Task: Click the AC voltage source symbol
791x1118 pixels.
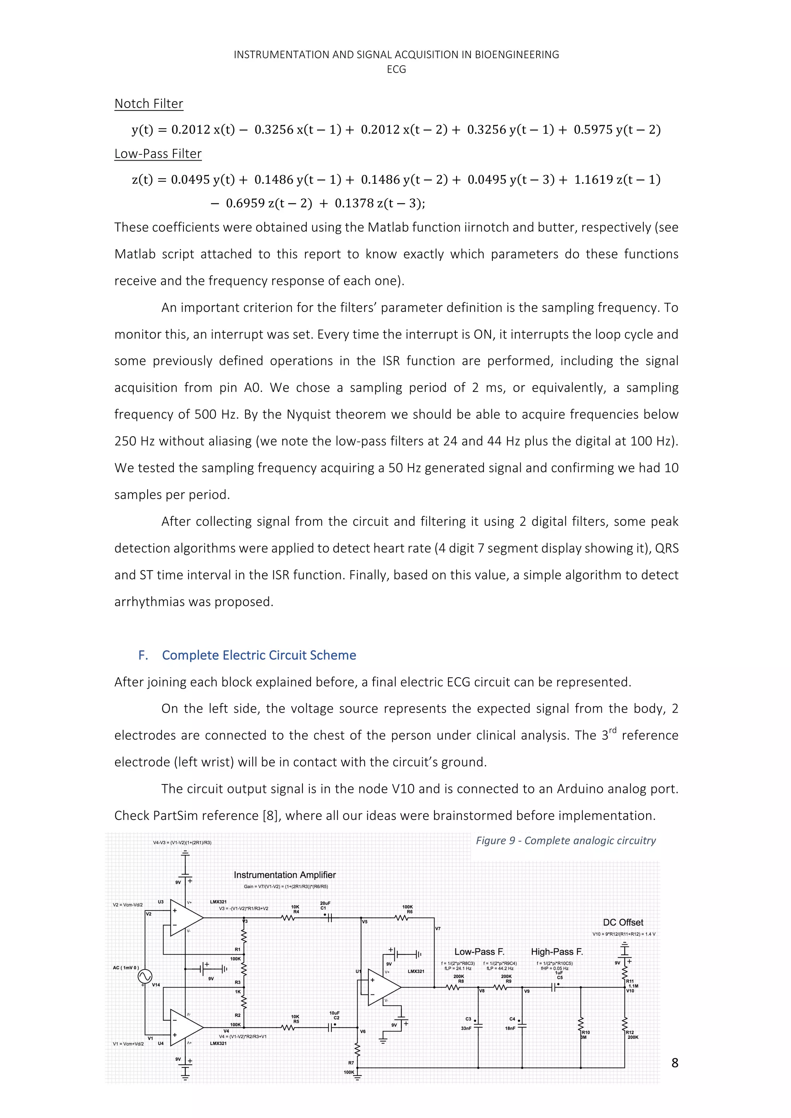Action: pyautogui.click(x=145, y=976)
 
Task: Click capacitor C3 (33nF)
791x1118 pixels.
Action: pyautogui.click(x=478, y=1025)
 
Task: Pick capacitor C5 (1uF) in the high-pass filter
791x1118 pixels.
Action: pyautogui.click(x=554, y=988)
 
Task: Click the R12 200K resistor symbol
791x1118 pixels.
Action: pyautogui.click(x=625, y=1024)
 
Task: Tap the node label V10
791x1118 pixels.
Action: pyautogui.click(x=631, y=991)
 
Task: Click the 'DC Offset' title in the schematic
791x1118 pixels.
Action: pyautogui.click(x=623, y=922)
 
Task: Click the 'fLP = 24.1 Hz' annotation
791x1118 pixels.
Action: pyautogui.click(x=458, y=969)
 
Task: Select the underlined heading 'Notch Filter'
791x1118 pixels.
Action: pyautogui.click(x=149, y=104)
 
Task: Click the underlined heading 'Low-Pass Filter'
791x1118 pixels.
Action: pyautogui.click(x=158, y=154)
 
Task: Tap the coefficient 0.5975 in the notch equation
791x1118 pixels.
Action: pyautogui.click(x=593, y=130)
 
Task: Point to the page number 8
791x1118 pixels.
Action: pyautogui.click(x=675, y=1063)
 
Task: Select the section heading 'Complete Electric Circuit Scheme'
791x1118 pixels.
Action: pyautogui.click(x=259, y=656)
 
